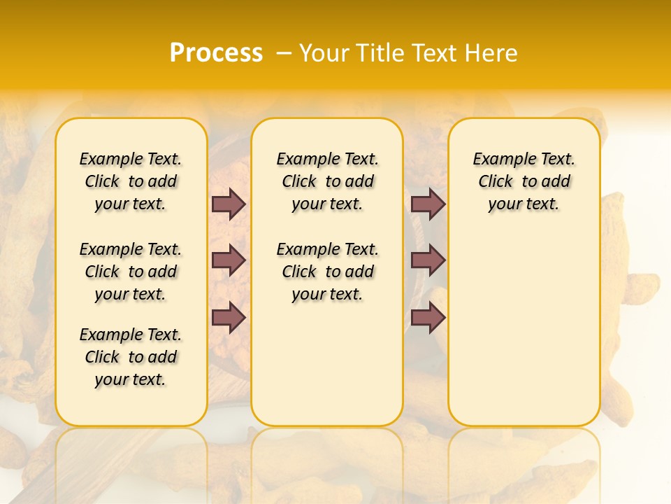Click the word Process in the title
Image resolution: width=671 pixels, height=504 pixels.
tap(216, 53)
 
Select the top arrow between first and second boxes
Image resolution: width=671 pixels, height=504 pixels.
tap(229, 204)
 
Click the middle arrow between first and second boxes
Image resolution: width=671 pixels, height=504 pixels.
tap(229, 260)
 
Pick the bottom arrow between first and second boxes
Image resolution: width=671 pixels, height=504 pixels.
tap(229, 317)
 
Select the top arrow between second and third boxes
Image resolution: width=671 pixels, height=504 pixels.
tap(428, 204)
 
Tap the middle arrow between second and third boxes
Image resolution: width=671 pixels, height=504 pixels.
tap(428, 260)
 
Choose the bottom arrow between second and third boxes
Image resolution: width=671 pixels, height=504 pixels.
tap(428, 317)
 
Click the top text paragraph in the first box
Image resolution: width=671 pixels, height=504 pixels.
tap(131, 181)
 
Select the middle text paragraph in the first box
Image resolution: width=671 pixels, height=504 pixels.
tap(131, 272)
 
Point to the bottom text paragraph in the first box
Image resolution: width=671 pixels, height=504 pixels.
tap(131, 357)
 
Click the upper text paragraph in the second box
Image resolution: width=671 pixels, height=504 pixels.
tap(328, 181)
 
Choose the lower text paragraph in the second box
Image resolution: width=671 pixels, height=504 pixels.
tap(328, 272)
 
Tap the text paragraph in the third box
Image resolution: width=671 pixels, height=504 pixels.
tap(524, 181)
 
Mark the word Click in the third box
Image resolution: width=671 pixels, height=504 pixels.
tap(496, 181)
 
